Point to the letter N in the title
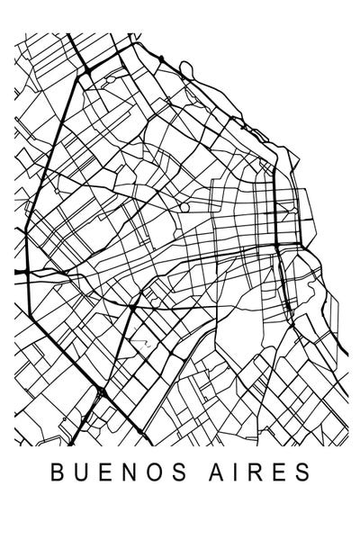click(x=125, y=473)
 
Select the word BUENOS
click(x=113, y=473)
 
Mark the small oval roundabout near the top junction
click(x=109, y=80)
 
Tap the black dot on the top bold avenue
click(x=160, y=58)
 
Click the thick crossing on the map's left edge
click(x=30, y=269)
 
